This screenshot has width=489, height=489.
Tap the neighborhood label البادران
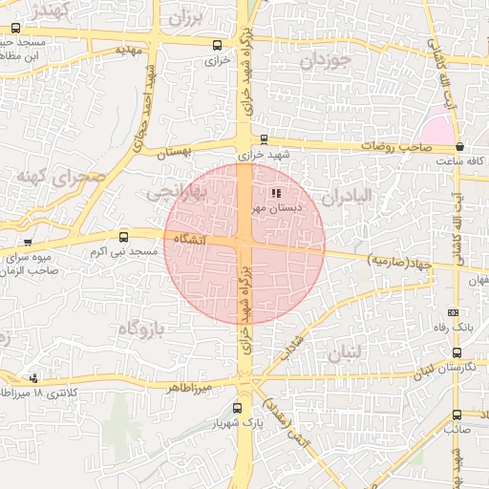pos(345,197)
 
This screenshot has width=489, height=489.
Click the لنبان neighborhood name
pos(345,352)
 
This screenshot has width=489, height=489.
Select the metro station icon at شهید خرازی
pos(264,139)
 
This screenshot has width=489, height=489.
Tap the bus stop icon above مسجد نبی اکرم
pos(123,237)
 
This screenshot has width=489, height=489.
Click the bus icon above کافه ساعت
pos(460,147)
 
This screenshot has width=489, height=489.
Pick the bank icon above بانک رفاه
pos(453,313)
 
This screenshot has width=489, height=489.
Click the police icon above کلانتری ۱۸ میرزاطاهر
pos(34,379)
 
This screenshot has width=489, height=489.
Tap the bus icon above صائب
pos(456,415)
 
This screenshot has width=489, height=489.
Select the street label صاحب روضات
pos(391,147)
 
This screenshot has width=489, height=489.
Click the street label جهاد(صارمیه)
pos(399,259)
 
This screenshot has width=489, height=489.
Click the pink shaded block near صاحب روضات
pos(437,128)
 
